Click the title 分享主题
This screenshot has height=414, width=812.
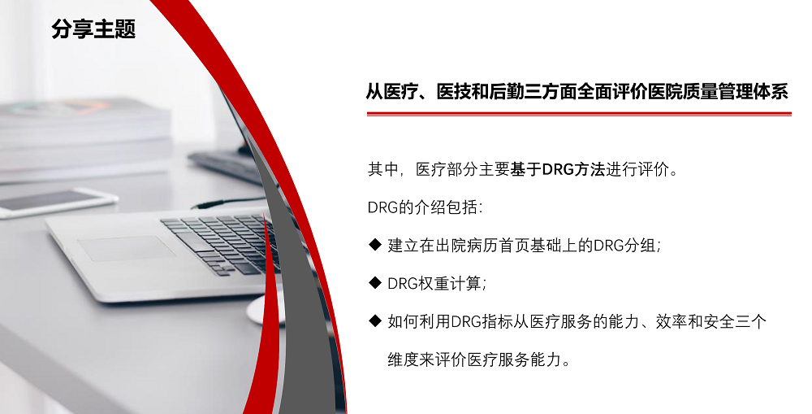pyautogui.click(x=93, y=29)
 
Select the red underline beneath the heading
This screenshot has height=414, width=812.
pyautogui.click(x=579, y=114)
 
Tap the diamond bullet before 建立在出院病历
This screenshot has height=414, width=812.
pyautogui.click(x=375, y=244)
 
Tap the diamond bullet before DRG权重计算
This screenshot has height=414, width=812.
pyautogui.click(x=375, y=283)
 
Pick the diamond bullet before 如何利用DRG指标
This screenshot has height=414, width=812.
pyautogui.click(x=375, y=321)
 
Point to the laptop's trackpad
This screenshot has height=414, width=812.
pyautogui.click(x=127, y=248)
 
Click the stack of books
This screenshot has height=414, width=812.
pyautogui.click(x=84, y=139)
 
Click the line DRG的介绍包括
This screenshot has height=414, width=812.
pyautogui.click(x=425, y=207)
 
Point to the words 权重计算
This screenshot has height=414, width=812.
pyautogui.click(x=450, y=283)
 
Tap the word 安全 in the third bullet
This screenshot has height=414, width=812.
pyautogui.click(x=719, y=321)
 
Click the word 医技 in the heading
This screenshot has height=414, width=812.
pyautogui.click(x=453, y=92)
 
